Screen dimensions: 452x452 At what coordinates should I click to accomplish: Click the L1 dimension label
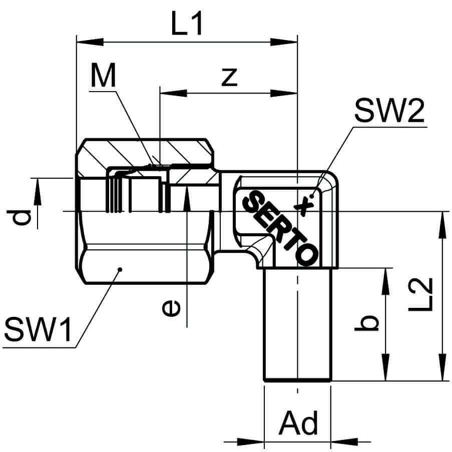187,24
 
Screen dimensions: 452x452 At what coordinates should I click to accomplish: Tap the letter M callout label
103,75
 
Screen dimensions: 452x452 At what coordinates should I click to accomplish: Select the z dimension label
229,77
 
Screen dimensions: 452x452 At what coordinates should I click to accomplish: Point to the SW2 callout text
389,111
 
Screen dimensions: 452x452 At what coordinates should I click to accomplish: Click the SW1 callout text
38,329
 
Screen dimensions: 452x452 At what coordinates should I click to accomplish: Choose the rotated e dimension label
171,308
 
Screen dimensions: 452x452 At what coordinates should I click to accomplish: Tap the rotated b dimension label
366,323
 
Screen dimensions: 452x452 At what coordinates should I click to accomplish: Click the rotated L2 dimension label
420,294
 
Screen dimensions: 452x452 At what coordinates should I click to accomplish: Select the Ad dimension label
298,423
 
